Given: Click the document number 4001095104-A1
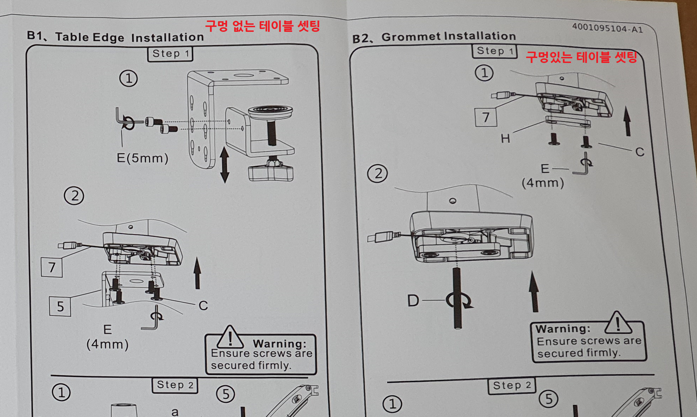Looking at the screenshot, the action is click(607, 28).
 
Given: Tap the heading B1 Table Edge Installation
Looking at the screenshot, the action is click(116, 37).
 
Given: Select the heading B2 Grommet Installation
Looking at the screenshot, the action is click(434, 37).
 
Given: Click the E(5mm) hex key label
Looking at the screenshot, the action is click(142, 158).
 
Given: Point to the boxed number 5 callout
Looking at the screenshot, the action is click(60, 306).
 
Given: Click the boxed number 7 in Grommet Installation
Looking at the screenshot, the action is click(486, 117).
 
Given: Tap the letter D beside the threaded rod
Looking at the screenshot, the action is click(413, 301).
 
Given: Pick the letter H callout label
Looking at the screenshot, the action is click(506, 139).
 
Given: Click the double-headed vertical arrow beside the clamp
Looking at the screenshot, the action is click(224, 165).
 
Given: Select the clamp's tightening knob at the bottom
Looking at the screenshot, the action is click(271, 172).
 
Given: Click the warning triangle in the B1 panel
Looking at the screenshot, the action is click(230, 337).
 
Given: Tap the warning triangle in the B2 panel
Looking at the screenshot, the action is click(618, 323).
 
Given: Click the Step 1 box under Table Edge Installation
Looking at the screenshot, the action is click(170, 54).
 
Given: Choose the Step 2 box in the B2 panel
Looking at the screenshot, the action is click(512, 386).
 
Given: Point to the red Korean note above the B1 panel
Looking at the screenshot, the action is click(262, 26).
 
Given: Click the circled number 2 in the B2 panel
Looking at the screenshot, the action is click(378, 174).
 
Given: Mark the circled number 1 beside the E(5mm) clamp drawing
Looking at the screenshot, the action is click(129, 78).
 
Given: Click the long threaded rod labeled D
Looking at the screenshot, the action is click(458, 298).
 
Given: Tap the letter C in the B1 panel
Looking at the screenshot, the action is click(203, 306).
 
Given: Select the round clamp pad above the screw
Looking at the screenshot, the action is click(271, 111).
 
